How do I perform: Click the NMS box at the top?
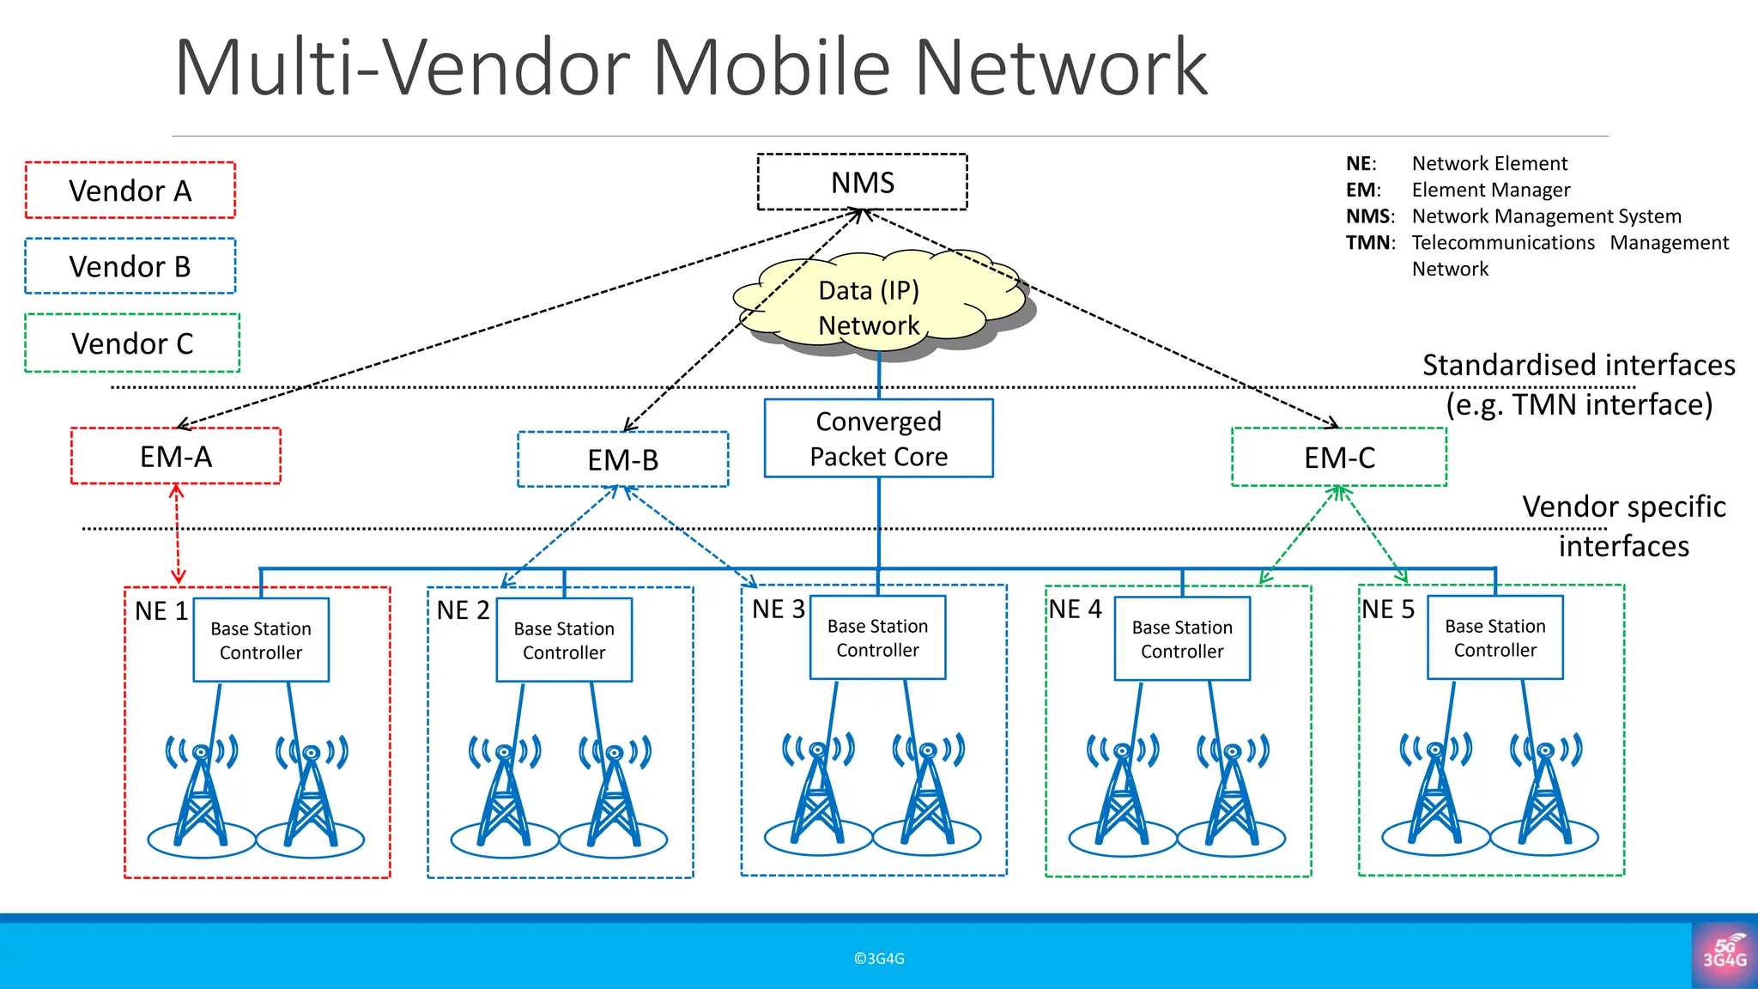coord(862,182)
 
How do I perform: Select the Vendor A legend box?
coord(130,191)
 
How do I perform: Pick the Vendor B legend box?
coord(130,266)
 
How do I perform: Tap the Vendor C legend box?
coord(132,343)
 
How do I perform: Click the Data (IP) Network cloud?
coord(869,307)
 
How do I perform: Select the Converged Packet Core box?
coord(878,439)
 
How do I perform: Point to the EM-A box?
coord(176,457)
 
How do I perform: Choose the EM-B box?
coord(622,460)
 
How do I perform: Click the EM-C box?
coord(1339,458)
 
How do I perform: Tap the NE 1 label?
coord(161,611)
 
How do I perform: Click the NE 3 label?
coord(778,610)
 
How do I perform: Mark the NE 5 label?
coord(1387,610)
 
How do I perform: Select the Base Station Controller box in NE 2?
coord(564,640)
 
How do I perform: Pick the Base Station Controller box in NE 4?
coord(1182,640)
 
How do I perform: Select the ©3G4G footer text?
coord(879,959)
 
